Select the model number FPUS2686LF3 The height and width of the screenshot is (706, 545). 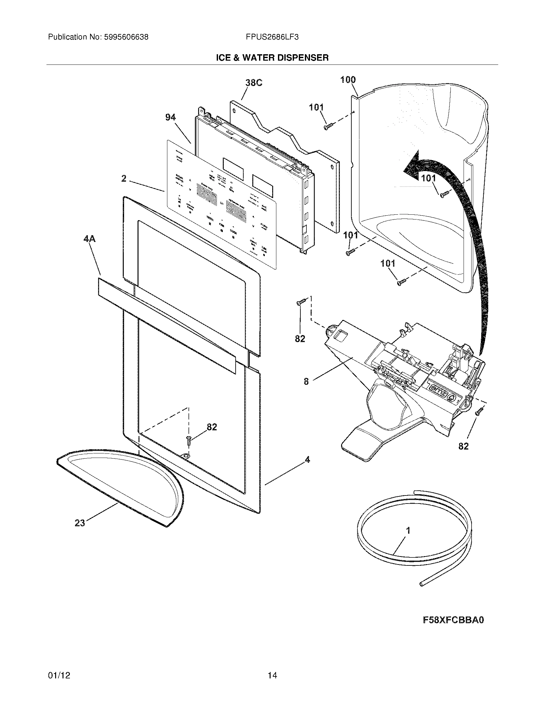coord(272,37)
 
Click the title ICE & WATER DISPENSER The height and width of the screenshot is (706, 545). coord(272,58)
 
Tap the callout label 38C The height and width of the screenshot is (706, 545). coord(254,83)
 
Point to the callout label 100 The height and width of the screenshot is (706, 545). coord(348,80)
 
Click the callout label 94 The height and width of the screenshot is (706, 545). coord(170,118)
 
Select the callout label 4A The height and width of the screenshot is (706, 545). coord(89,239)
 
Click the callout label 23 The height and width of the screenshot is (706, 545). coord(80,523)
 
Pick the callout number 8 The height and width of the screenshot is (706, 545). coord(306,382)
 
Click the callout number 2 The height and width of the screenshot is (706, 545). coord(124,178)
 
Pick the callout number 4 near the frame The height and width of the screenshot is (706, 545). coord(307,459)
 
